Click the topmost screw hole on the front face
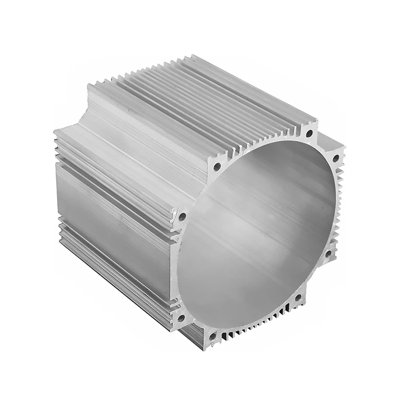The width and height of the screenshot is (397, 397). point(309,133)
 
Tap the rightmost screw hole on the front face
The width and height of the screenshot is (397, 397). point(336,158)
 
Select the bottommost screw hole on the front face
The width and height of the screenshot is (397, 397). point(213,336)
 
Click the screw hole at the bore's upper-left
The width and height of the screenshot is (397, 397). point(217,167)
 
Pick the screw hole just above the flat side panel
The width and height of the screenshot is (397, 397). point(183,216)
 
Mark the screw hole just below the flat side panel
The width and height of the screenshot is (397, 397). point(181,318)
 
